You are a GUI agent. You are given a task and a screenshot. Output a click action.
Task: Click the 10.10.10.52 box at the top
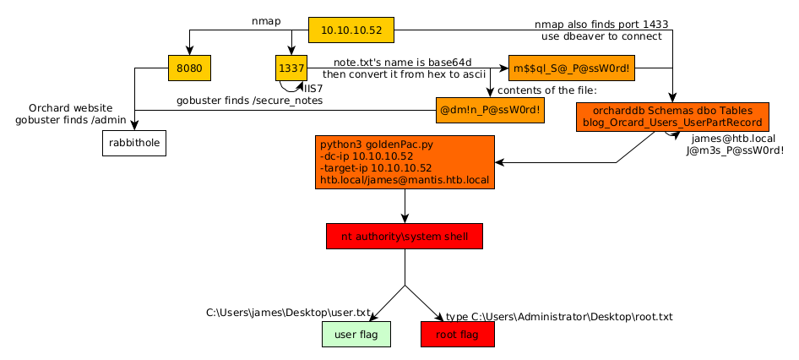point(351,30)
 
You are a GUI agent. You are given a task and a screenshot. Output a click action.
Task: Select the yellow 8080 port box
point(189,68)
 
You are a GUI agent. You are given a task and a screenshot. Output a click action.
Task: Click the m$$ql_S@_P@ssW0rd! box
point(572,68)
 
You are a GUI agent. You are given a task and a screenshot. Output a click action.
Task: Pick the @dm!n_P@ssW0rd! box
point(490,110)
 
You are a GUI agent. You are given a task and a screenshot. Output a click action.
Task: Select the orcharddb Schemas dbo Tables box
point(672,117)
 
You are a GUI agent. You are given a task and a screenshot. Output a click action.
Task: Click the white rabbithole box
point(133,143)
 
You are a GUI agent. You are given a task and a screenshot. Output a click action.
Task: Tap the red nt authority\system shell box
point(405,237)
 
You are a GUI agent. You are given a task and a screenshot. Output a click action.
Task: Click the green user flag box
point(356,335)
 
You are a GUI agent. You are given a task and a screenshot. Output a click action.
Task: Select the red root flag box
point(457,335)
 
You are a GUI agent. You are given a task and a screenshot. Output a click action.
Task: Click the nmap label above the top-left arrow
point(266,20)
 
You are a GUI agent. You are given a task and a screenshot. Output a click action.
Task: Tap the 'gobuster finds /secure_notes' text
point(249,101)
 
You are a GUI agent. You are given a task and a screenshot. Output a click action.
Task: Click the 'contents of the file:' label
point(546,90)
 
